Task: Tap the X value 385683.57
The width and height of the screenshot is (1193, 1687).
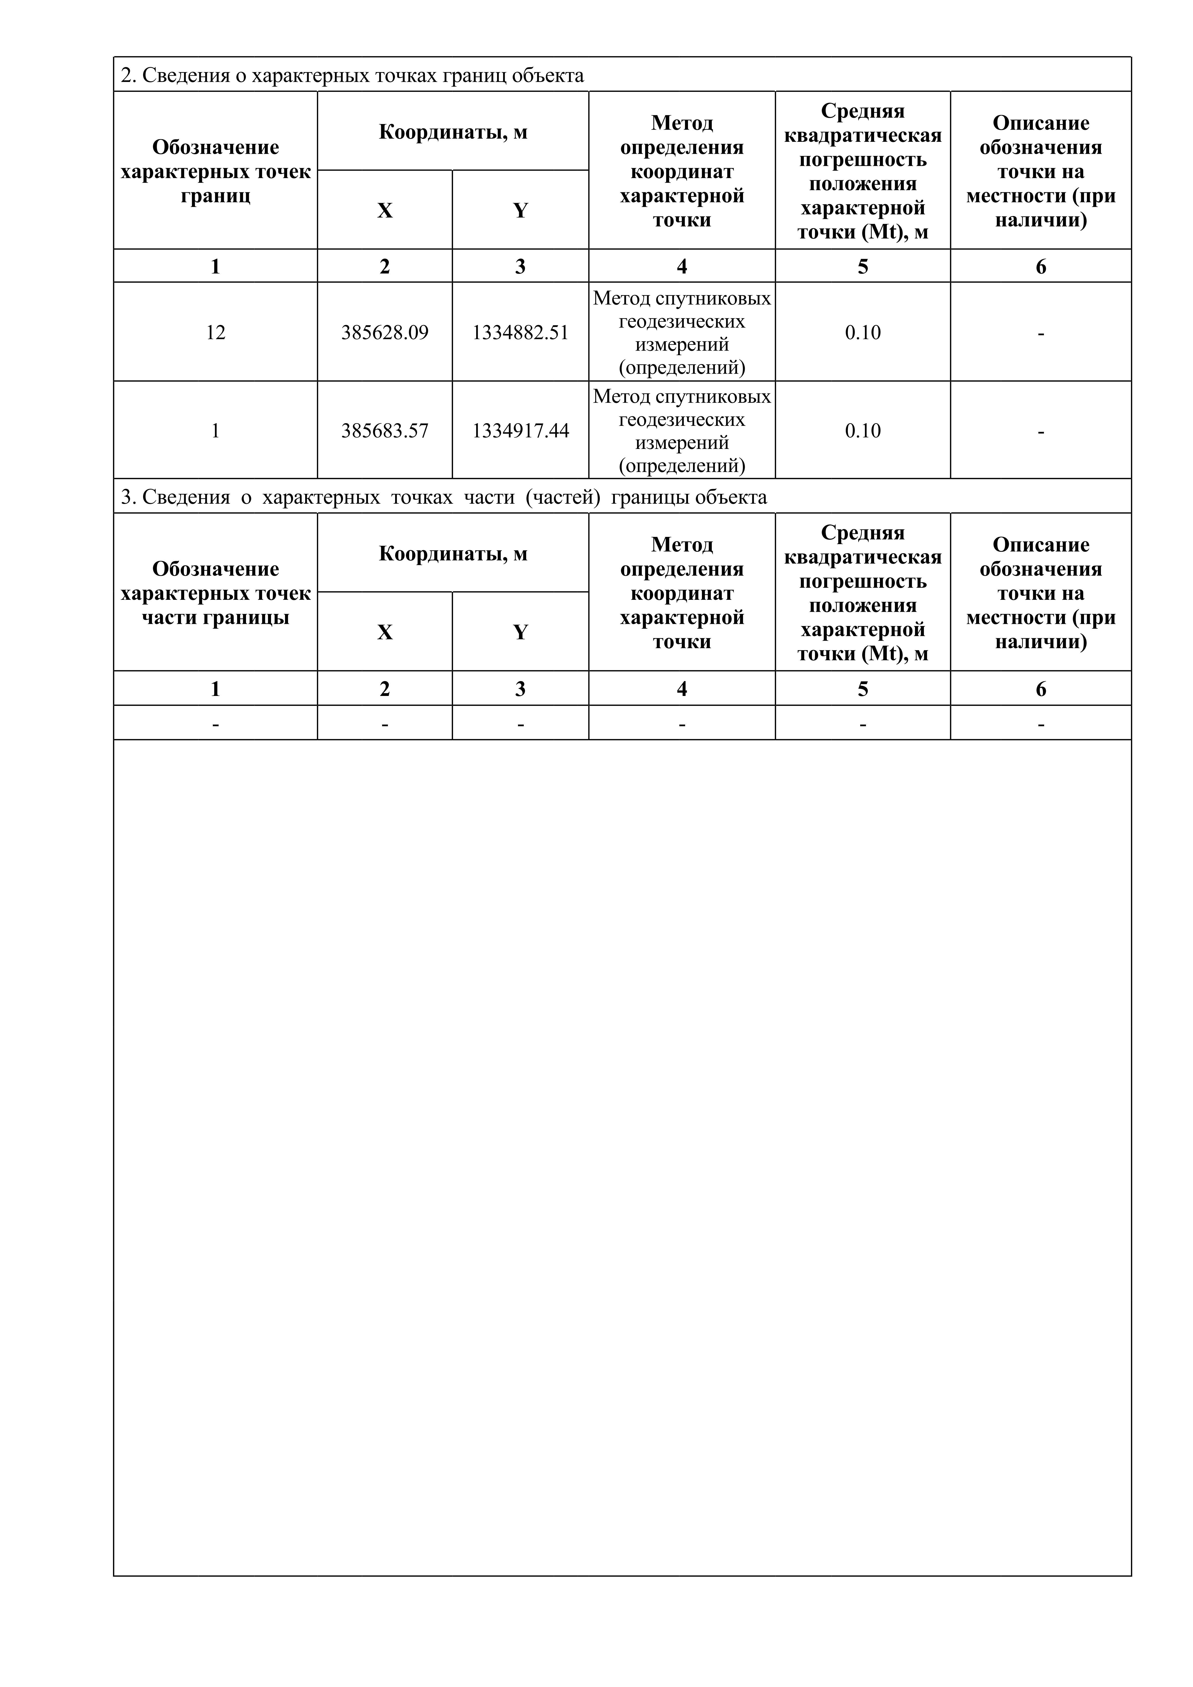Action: pyautogui.click(x=385, y=431)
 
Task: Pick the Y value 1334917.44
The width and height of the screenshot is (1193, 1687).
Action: pyautogui.click(x=520, y=431)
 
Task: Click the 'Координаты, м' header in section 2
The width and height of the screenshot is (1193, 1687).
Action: pyautogui.click(x=453, y=132)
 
